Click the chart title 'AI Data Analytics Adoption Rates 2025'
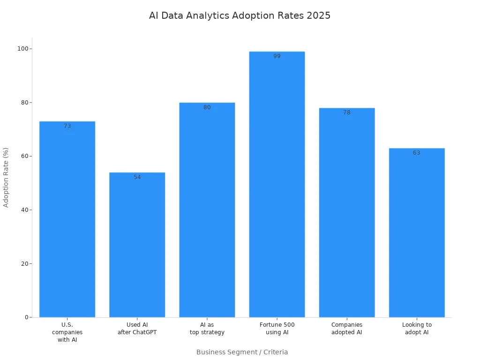tap(240, 15)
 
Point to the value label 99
tap(277, 56)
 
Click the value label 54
tap(137, 177)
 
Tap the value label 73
tap(67, 126)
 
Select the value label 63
tap(417, 153)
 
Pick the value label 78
tap(346, 112)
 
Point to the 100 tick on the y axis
tap(22, 49)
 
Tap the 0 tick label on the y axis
tap(26, 317)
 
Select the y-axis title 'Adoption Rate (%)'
tap(6, 177)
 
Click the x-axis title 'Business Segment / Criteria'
tap(242, 352)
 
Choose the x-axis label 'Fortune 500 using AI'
tap(277, 329)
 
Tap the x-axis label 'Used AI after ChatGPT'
tap(137, 329)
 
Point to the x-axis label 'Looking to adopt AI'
tap(417, 329)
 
